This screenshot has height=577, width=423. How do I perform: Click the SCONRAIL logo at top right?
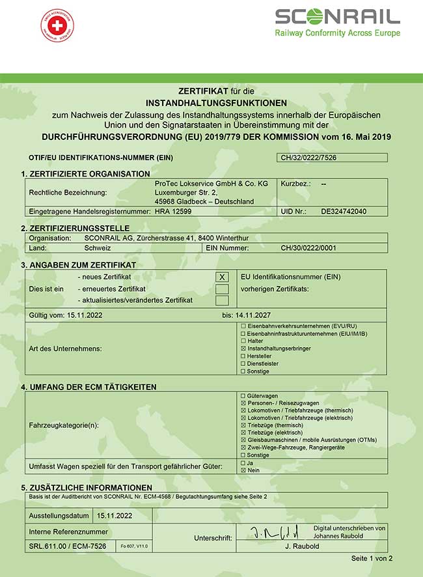point(337,22)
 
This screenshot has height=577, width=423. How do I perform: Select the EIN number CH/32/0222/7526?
point(308,158)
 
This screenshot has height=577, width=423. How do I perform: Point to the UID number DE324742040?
point(344,212)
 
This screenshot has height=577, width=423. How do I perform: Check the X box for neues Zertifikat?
point(223,277)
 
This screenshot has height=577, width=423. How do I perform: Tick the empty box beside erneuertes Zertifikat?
point(223,288)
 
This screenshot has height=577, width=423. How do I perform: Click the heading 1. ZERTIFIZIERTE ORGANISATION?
point(85,174)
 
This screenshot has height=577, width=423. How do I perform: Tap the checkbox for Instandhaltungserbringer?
point(243,349)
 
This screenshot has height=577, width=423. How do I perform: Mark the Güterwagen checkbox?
point(243,395)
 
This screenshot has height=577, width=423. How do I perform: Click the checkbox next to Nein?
point(243,470)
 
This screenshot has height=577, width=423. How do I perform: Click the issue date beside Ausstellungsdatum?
point(115,515)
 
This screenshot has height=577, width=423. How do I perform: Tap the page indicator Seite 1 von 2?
point(372,558)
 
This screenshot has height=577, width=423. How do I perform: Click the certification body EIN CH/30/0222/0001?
point(308,247)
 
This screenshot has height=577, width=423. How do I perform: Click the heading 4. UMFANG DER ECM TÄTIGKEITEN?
point(89,387)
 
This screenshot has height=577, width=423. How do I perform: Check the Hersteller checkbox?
point(243,356)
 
